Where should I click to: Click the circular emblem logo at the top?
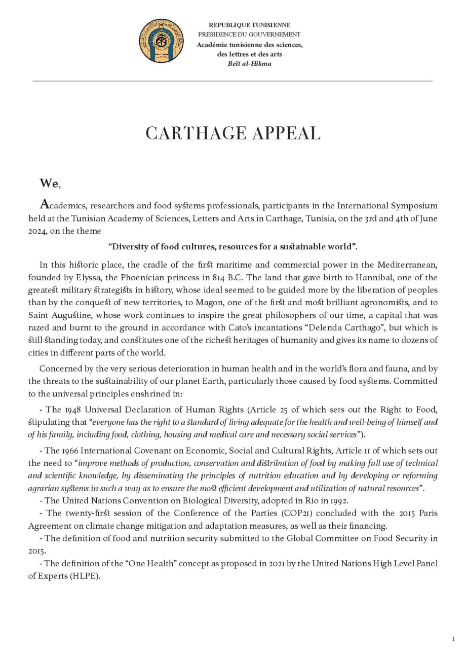162,41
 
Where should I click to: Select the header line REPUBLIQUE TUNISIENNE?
250,25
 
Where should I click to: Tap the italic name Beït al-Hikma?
250,64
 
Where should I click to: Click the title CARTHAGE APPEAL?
233,133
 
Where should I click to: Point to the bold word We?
49,183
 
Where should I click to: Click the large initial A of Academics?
45,205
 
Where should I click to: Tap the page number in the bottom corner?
453,639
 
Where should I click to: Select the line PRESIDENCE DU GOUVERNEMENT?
250,34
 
